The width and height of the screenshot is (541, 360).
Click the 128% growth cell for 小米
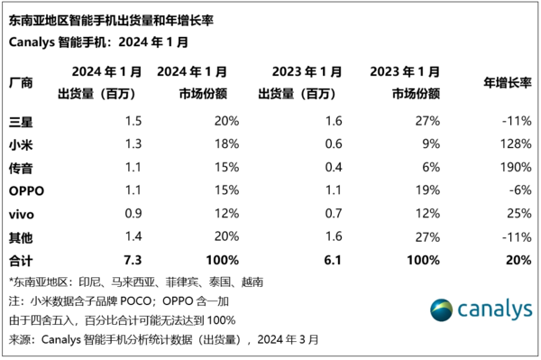point(510,143)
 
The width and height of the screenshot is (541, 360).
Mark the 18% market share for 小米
point(225,143)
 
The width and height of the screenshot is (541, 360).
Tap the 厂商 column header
point(21,82)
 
